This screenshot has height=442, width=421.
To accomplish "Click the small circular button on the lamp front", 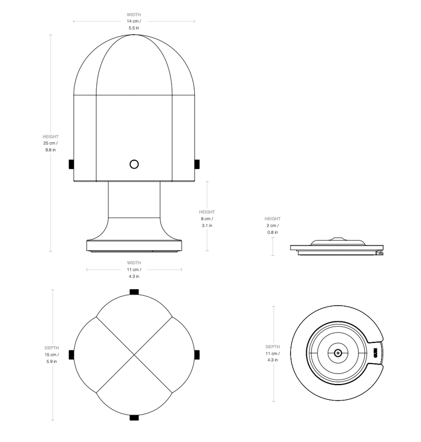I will click(134, 164).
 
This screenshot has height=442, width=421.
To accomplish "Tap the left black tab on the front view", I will click(71, 165).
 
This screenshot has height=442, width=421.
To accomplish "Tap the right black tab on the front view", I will click(197, 165).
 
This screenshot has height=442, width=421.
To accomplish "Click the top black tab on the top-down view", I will click(134, 292).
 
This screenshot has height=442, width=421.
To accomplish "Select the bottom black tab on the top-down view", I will click(134, 418).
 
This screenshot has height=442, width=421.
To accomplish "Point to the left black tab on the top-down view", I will click(71, 355).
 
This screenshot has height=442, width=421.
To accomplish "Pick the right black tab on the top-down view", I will click(197, 355).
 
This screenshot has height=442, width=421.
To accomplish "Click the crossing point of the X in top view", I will click(134, 355).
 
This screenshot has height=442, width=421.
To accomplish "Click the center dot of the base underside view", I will click(337, 353).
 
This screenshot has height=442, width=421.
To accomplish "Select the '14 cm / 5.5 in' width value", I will click(134, 24).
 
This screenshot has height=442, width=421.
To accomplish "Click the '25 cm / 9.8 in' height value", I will click(51, 146).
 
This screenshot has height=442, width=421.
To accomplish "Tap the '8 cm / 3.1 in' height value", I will click(207, 222).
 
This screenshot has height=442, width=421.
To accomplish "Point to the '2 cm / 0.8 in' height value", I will click(272, 229).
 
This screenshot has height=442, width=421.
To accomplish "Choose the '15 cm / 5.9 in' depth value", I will click(52, 358).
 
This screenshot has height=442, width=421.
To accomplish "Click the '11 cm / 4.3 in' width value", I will click(134, 272).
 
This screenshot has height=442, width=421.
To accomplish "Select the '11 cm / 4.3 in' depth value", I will click(273, 357).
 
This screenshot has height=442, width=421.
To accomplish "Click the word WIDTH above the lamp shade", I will click(134, 15).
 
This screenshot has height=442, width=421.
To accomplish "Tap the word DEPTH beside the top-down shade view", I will click(52, 348).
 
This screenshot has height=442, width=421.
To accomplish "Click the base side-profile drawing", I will click(337, 247).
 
